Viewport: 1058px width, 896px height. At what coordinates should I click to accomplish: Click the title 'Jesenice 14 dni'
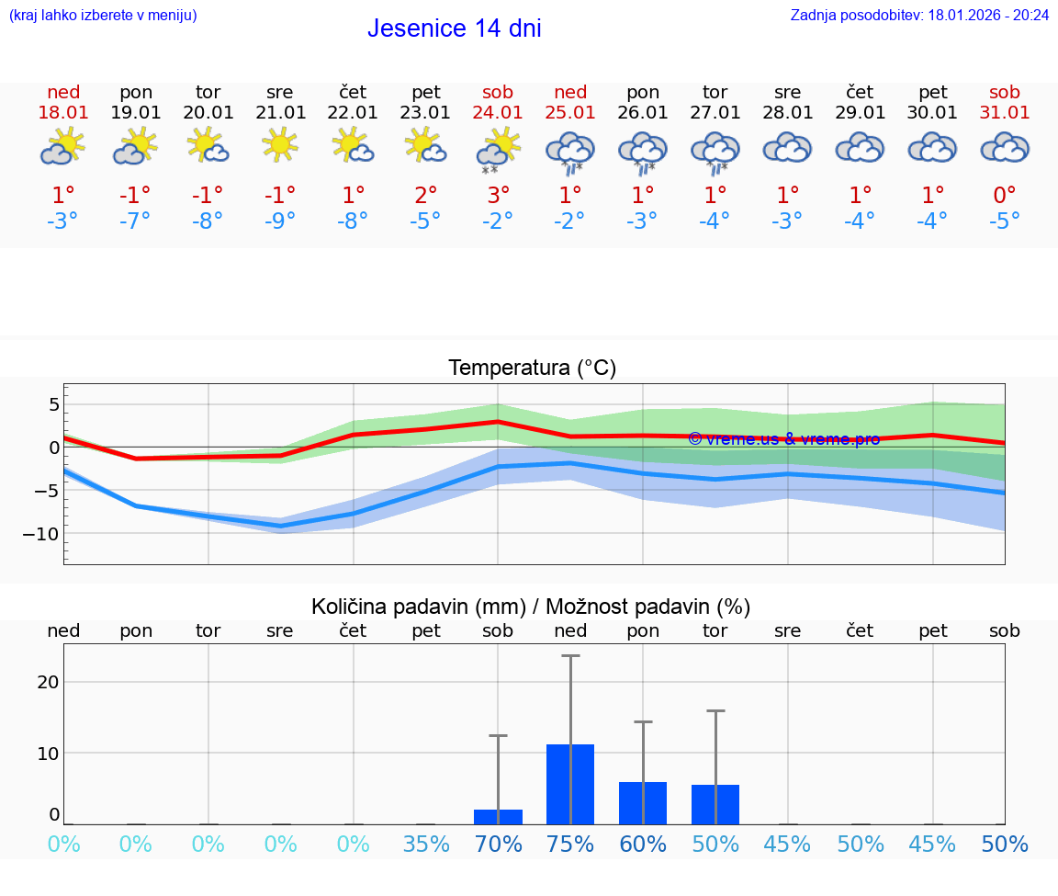(x=454, y=28)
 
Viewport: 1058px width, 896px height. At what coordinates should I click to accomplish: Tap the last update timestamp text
(x=919, y=15)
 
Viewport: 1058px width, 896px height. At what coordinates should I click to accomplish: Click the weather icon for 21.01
(x=280, y=145)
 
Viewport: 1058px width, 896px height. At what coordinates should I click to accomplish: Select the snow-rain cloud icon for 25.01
(x=570, y=152)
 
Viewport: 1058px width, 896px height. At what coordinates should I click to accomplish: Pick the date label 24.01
(x=498, y=112)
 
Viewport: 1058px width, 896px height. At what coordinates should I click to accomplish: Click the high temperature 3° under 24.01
(x=498, y=195)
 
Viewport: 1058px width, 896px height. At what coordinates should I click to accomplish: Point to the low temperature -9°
(x=280, y=221)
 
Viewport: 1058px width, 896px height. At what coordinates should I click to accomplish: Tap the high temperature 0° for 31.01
(x=1005, y=195)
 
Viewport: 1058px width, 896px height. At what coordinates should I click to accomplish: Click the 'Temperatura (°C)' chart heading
(x=532, y=368)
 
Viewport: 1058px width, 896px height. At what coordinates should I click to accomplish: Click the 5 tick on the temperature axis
(x=54, y=404)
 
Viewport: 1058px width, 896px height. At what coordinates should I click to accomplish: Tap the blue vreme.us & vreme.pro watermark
(x=783, y=438)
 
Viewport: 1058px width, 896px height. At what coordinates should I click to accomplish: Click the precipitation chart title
(x=531, y=607)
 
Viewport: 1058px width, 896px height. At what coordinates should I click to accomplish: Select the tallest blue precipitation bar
(x=570, y=784)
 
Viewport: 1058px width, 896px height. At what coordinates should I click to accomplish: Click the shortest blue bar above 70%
(x=498, y=817)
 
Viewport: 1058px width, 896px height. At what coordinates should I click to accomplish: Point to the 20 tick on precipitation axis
(x=48, y=682)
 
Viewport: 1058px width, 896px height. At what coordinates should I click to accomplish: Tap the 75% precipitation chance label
(x=570, y=844)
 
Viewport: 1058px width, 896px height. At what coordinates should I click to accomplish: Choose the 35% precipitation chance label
(x=425, y=844)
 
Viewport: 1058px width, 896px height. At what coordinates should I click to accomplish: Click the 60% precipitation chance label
(x=643, y=844)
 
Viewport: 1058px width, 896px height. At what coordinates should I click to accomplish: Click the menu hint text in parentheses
(x=103, y=15)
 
